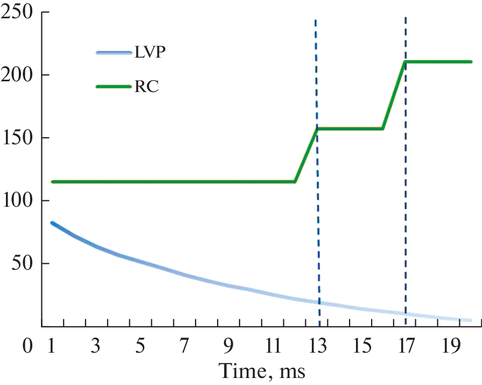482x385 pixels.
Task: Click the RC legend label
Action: click(x=146, y=87)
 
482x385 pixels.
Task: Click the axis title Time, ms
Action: click(x=262, y=371)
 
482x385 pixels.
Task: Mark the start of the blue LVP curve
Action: click(x=52, y=223)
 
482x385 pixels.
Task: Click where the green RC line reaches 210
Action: click(x=405, y=62)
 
